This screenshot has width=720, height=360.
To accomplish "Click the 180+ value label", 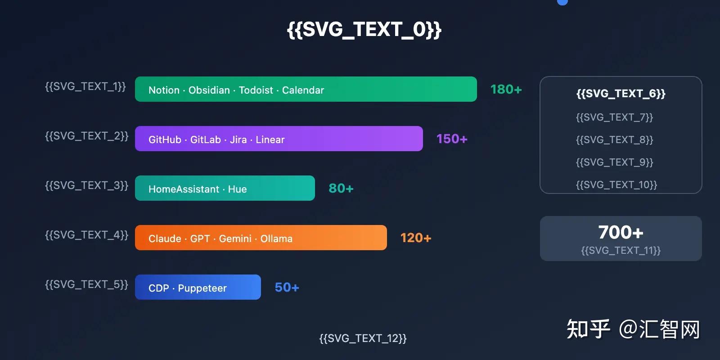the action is [x=506, y=90].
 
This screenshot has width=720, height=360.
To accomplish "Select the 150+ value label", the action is [x=452, y=139].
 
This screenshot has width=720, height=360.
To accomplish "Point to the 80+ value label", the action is [x=341, y=189].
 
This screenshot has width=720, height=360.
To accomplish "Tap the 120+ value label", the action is [x=416, y=238].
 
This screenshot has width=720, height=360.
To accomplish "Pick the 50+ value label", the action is [x=287, y=288].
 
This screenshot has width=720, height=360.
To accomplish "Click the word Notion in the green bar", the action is [x=164, y=90].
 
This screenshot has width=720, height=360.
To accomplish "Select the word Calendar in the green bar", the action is [x=303, y=90].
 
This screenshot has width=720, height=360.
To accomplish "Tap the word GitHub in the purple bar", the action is [x=165, y=139].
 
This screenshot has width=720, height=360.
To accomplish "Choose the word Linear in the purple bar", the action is [x=270, y=139].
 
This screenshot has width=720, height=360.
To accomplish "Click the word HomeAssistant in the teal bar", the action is [x=184, y=189].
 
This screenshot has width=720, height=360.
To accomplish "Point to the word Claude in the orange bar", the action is [x=165, y=238].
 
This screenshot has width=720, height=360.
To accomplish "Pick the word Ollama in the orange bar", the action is [x=276, y=238].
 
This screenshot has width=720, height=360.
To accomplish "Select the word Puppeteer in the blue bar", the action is [x=202, y=288].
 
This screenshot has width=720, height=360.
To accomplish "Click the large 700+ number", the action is [x=621, y=232].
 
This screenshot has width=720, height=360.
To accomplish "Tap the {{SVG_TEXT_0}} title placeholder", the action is [x=364, y=30].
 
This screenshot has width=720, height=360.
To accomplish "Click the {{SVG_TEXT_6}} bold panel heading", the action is [x=621, y=94].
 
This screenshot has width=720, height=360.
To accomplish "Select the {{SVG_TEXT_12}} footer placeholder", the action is [x=363, y=338].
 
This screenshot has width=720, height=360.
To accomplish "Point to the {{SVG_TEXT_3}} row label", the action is [x=86, y=185].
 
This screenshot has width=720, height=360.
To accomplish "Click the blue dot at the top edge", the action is [x=562, y=2].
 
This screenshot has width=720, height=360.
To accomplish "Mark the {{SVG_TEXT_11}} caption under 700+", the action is [x=621, y=250].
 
